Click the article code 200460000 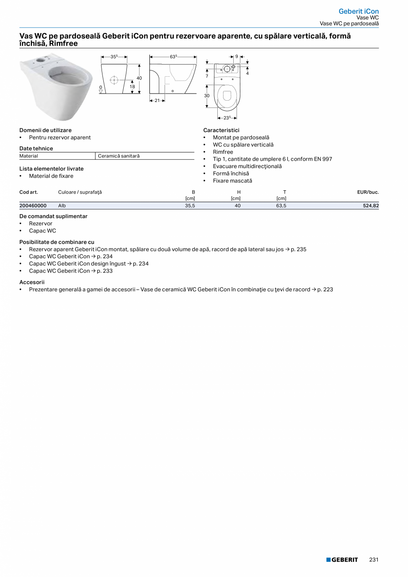33,206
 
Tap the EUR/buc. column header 368,192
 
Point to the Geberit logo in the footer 342,560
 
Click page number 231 373,560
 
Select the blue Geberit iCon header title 358,11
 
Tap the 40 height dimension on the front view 139,78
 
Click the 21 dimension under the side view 157,101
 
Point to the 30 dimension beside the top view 207,96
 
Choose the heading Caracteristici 221,130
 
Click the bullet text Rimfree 223,152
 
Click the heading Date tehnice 36,149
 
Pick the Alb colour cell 62,206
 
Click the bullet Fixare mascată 232,181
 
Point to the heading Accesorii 32,282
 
